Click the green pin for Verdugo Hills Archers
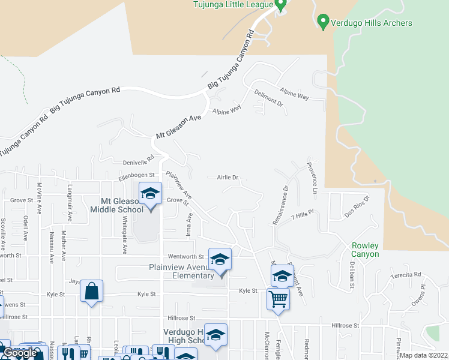click(322, 22)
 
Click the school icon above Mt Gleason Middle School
click(150, 193)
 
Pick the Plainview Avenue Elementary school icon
click(220, 259)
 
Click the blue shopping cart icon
click(278, 298)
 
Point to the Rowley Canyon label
click(365, 250)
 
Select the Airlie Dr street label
click(228, 178)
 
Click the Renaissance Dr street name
click(280, 205)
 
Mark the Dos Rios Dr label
click(357, 205)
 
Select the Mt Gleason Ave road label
click(178, 127)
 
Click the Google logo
click(20, 353)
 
